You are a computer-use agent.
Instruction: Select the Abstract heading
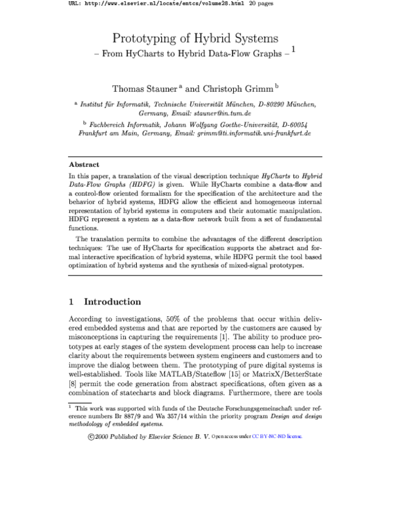[84, 165]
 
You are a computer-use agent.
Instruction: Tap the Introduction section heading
[113, 302]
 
